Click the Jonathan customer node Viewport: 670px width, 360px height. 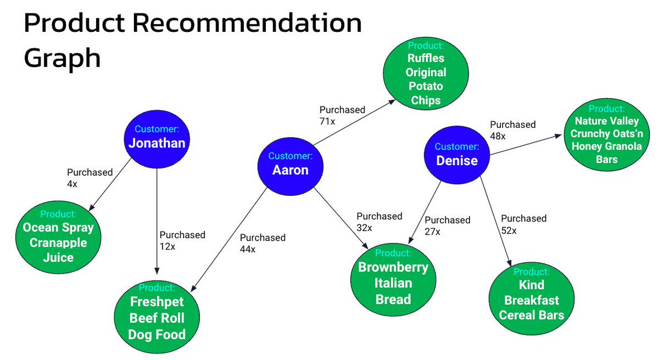click(x=156, y=137)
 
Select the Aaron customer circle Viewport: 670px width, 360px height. click(x=290, y=164)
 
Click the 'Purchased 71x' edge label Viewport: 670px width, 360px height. click(x=342, y=115)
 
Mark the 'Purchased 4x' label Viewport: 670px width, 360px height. click(x=89, y=178)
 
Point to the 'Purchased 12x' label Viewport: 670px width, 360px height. click(x=182, y=241)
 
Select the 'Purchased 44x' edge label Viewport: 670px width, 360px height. click(x=262, y=243)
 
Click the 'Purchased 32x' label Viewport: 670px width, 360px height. click(x=379, y=222)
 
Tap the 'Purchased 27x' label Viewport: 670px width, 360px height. click(x=447, y=225)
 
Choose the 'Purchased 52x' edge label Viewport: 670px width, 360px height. click(x=523, y=224)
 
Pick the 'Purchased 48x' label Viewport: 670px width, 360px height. click(x=513, y=130)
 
